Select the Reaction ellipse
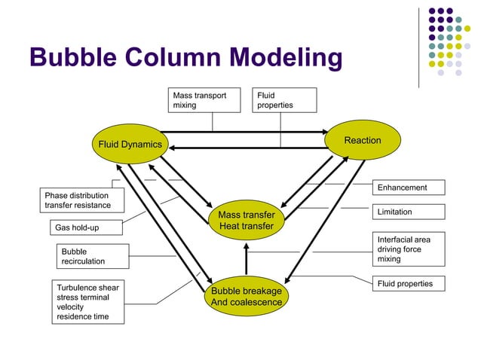[362, 141]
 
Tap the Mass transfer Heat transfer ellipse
[246, 221]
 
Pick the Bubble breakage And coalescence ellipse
[246, 297]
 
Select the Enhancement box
[409, 188]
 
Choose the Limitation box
[409, 212]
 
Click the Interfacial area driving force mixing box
[409, 249]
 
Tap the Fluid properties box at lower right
[409, 284]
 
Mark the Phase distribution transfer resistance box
[78, 200]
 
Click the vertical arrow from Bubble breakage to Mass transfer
[246, 261]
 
